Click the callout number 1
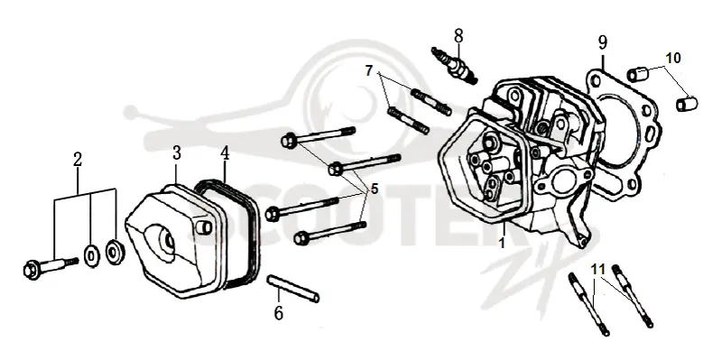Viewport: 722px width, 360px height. [x=502, y=243]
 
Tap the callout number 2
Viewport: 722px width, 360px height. [x=78, y=160]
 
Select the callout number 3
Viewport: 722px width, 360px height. [x=177, y=153]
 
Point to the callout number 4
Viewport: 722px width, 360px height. [x=224, y=153]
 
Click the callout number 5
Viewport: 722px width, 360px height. [x=374, y=189]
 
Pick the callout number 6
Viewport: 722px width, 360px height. [x=279, y=313]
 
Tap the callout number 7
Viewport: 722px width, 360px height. [x=369, y=71]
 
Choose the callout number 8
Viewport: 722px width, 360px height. [x=458, y=35]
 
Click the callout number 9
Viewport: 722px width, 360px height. [x=603, y=42]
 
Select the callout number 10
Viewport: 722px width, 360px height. [x=672, y=59]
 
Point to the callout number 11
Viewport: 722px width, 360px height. [x=597, y=269]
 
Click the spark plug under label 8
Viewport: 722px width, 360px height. [x=453, y=65]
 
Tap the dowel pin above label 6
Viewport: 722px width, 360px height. [x=292, y=289]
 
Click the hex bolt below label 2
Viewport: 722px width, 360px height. [x=51, y=266]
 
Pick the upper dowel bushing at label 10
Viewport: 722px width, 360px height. [x=638, y=74]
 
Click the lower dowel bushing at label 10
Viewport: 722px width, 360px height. [x=687, y=104]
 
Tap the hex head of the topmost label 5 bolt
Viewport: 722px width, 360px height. [x=289, y=139]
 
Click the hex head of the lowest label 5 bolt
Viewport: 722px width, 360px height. [x=301, y=237]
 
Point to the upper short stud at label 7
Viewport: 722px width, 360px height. [x=431, y=102]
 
